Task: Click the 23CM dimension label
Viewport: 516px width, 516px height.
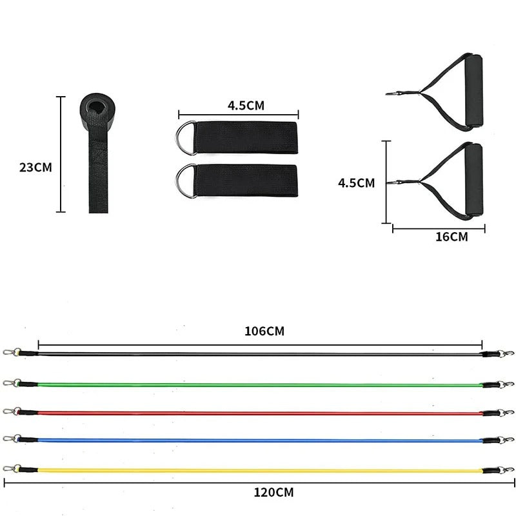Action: [35, 167]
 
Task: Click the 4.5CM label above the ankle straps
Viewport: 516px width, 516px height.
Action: [245, 104]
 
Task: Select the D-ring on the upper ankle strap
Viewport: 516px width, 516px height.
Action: [184, 137]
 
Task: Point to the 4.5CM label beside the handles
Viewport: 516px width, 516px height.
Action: [356, 183]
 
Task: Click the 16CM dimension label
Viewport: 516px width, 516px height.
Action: [451, 237]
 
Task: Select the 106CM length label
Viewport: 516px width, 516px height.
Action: [264, 332]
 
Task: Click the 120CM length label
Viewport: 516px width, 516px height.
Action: [273, 493]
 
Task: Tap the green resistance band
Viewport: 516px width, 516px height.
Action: [258, 385]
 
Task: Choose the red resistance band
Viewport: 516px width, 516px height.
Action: [258, 413]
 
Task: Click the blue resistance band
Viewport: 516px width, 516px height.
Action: [258, 441]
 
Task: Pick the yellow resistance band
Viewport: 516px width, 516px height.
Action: [258, 471]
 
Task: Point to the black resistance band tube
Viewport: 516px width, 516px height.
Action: [258, 355]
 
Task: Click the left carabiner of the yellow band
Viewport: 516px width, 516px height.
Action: [9, 468]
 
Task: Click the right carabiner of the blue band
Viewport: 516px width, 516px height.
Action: [507, 441]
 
